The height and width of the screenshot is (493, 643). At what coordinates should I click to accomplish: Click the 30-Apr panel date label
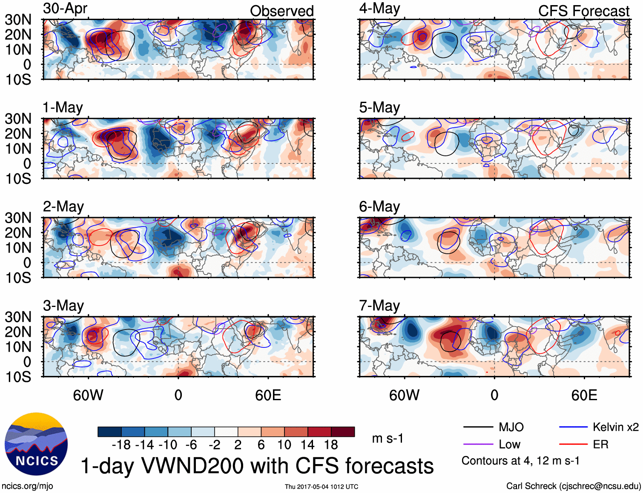point(65,9)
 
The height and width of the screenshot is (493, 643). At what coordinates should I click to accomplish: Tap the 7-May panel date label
point(379,306)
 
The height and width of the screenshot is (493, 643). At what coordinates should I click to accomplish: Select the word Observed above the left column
point(281,11)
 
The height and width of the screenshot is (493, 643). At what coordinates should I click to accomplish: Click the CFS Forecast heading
point(583,11)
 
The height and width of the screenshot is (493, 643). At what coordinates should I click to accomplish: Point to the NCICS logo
point(36,444)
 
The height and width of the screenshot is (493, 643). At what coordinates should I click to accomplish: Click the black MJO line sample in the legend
point(478,427)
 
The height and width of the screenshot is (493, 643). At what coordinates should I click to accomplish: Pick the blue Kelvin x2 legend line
point(573,427)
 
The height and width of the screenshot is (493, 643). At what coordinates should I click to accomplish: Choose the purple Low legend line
point(478,444)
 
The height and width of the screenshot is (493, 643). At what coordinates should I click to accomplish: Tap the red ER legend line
point(573,444)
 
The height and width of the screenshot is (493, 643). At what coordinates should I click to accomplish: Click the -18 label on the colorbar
point(121,445)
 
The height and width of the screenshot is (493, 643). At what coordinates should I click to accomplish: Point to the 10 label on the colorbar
point(284,445)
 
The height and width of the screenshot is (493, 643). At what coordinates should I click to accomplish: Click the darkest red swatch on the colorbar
point(343,432)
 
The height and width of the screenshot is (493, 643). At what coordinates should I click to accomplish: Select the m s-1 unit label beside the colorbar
point(388,439)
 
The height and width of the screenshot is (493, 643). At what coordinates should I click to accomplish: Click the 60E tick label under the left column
point(268,395)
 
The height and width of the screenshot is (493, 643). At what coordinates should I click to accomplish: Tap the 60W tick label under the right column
point(404,395)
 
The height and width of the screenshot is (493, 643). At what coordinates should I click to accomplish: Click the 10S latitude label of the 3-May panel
point(18,377)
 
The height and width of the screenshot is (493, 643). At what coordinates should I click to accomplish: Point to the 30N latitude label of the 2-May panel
point(18,218)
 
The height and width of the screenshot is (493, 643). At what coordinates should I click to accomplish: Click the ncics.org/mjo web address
point(27,486)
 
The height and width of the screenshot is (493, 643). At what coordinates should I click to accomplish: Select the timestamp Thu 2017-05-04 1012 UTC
point(321,487)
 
